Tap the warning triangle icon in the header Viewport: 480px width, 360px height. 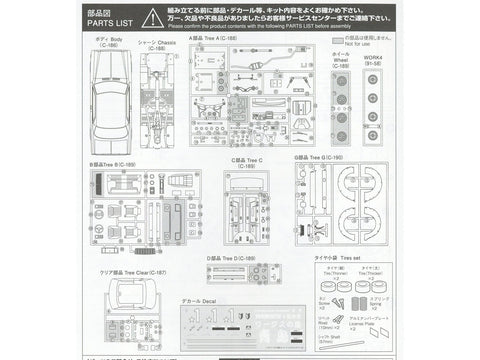pos(149,18)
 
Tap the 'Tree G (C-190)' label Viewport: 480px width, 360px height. pos(320,158)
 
